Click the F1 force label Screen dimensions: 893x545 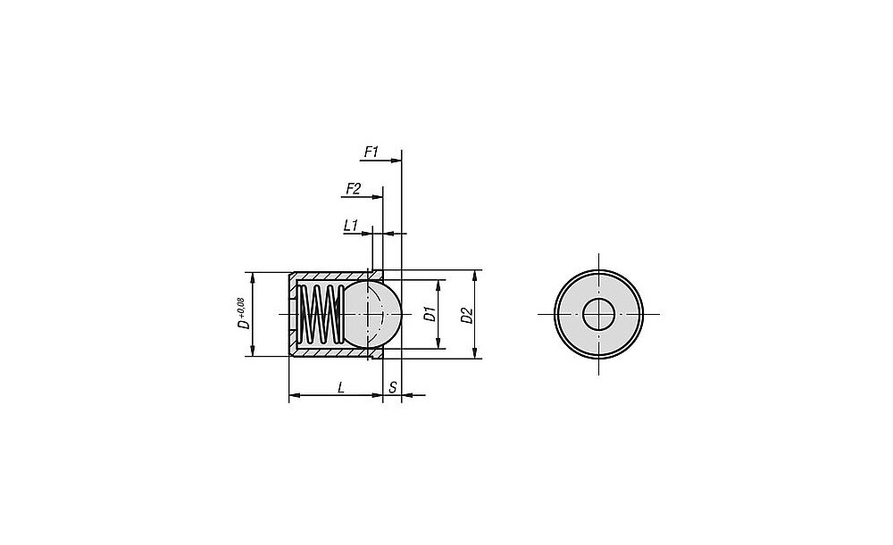371,152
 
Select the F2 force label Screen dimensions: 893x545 353,188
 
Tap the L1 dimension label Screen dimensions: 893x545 350,226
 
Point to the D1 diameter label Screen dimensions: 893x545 430,314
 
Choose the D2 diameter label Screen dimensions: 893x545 467,315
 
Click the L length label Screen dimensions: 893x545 340,387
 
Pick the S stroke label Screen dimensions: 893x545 393,387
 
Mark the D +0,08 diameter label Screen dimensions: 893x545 242,313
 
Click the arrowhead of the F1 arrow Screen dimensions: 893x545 396,161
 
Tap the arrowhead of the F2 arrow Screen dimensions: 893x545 377,197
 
